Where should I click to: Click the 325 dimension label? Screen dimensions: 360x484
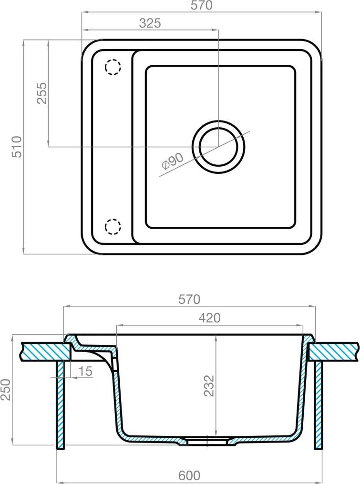(x=150, y=23)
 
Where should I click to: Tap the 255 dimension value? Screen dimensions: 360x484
(x=41, y=93)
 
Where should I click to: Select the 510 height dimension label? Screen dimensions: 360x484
(x=17, y=147)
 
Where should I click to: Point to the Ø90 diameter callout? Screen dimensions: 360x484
(x=173, y=161)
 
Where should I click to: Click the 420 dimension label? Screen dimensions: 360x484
(x=209, y=318)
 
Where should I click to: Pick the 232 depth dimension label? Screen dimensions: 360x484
(x=209, y=385)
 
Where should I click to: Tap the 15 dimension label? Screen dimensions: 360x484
(x=85, y=371)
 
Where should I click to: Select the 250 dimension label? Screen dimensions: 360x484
(x=6, y=390)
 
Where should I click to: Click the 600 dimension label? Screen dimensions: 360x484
(x=189, y=475)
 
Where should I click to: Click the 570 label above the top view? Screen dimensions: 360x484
(x=202, y=6)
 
